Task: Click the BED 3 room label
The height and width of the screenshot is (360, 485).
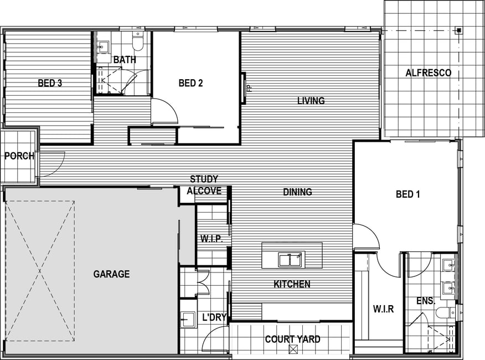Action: [50, 83]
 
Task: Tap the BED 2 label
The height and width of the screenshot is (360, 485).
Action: [190, 83]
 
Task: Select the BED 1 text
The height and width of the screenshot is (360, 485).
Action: [408, 194]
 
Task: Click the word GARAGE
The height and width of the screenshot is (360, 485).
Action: [111, 274]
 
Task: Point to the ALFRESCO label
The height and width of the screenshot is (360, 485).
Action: [429, 73]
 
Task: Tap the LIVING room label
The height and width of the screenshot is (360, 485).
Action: [311, 101]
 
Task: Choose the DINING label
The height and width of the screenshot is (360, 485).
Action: [297, 192]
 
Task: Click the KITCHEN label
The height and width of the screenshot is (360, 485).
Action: [292, 284]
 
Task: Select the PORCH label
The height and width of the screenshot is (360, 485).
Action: [19, 156]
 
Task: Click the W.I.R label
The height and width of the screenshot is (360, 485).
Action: [383, 309]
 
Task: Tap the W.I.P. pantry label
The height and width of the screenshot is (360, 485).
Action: [211, 239]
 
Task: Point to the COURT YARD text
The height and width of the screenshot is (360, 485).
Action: [293, 340]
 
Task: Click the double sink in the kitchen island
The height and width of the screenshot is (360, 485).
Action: [290, 259]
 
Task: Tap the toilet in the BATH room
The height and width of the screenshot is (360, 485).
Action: [138, 42]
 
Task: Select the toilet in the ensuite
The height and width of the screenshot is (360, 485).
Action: [445, 312]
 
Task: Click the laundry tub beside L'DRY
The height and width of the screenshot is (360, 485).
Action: [188, 319]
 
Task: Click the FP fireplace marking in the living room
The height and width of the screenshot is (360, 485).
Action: [250, 89]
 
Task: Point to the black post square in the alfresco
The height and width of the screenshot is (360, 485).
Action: [459, 30]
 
